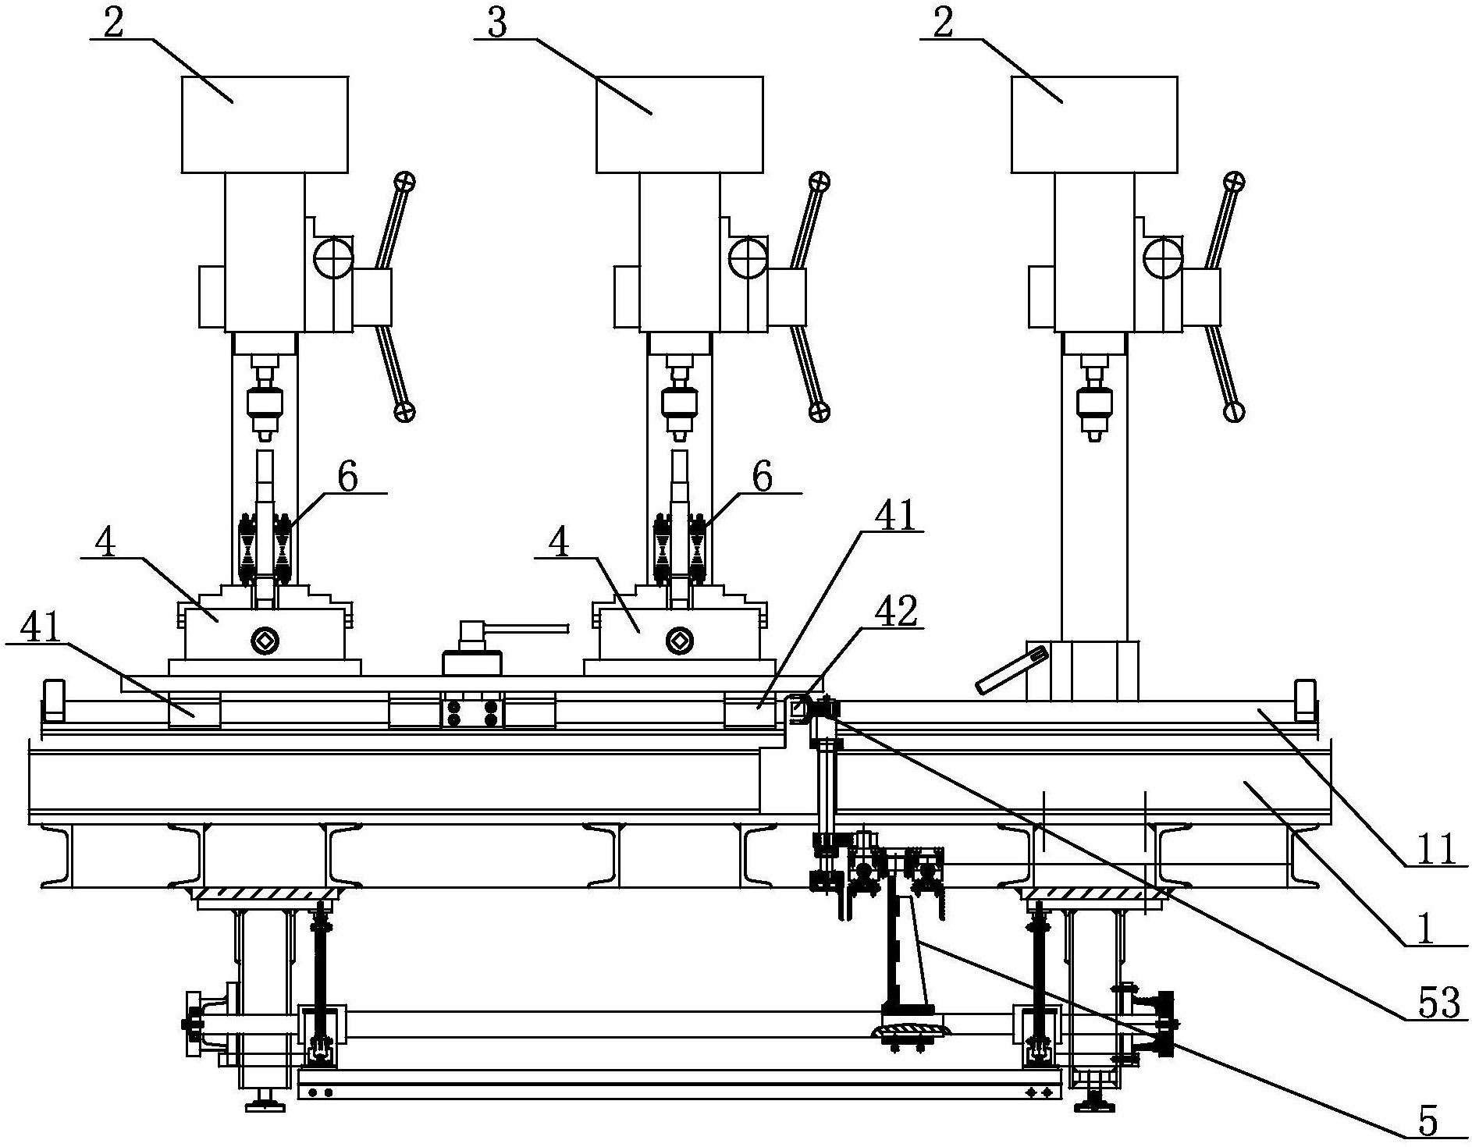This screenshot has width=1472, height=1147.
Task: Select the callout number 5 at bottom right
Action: click(x=1427, y=1122)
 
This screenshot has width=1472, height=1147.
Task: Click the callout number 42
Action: click(x=897, y=613)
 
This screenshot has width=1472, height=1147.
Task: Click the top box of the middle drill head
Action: click(x=679, y=124)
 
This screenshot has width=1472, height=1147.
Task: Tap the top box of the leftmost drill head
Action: click(x=265, y=124)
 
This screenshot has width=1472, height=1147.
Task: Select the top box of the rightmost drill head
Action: click(x=1093, y=124)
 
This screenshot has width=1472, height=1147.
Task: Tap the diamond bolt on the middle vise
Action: click(x=677, y=641)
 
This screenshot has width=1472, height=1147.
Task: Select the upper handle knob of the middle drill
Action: click(x=819, y=183)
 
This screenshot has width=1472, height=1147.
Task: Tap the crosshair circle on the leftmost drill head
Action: click(x=334, y=257)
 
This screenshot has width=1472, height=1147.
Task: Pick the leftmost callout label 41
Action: click(x=41, y=628)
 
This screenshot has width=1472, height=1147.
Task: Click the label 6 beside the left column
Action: click(x=347, y=477)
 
